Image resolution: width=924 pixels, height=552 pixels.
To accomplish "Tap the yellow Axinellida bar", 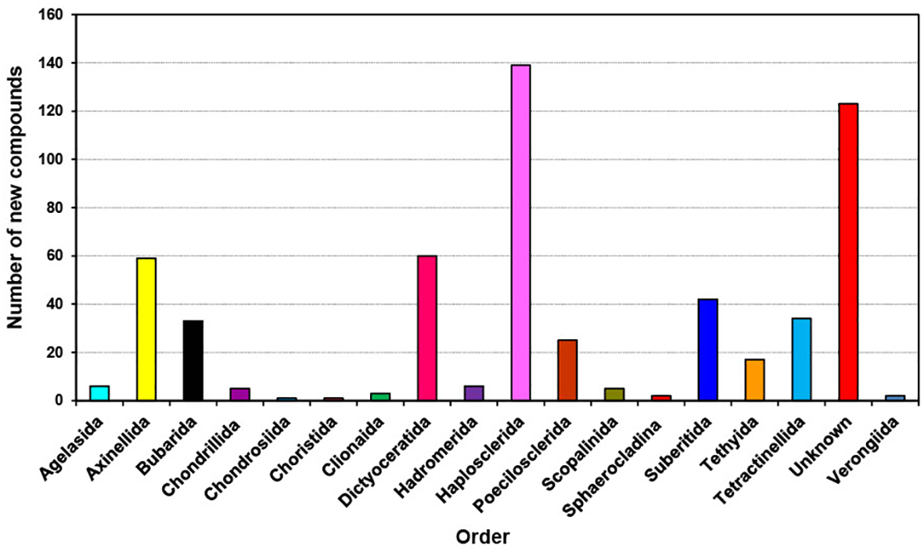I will [x=146, y=329].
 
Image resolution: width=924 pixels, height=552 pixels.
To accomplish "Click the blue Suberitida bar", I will [x=708, y=349].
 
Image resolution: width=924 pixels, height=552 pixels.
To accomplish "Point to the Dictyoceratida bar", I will [x=427, y=328].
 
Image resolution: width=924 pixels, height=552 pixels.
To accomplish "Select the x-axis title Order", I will [x=484, y=537].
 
